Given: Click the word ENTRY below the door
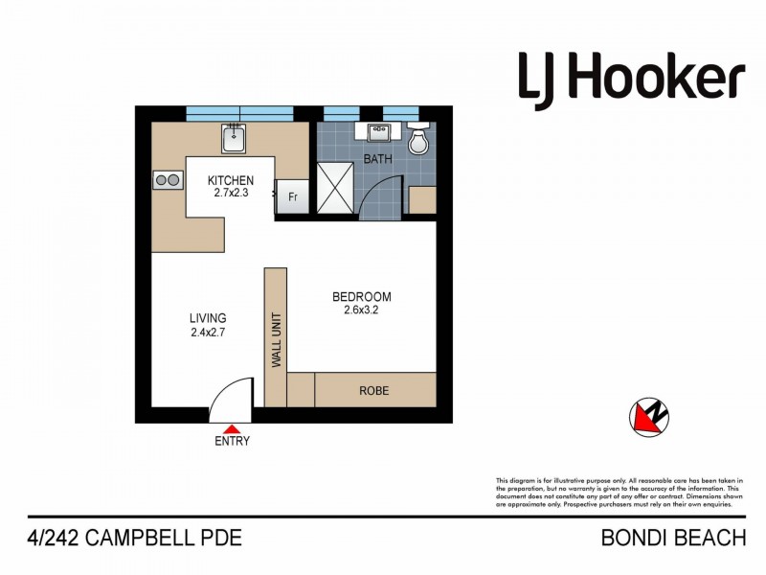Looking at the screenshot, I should [x=232, y=442].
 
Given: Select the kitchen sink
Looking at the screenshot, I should [x=234, y=141].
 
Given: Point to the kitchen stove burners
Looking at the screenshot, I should [x=168, y=180].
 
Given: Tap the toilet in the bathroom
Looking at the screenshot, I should [x=417, y=142].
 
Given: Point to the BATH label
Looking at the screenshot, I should [x=377, y=159].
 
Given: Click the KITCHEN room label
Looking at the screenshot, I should [x=232, y=180].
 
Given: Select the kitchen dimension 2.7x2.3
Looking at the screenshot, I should [x=232, y=193].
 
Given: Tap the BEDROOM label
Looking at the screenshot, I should [x=361, y=296].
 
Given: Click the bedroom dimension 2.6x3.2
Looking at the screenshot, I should [x=361, y=310].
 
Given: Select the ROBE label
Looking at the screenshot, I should [x=373, y=391].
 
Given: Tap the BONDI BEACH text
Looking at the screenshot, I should [x=672, y=538].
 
